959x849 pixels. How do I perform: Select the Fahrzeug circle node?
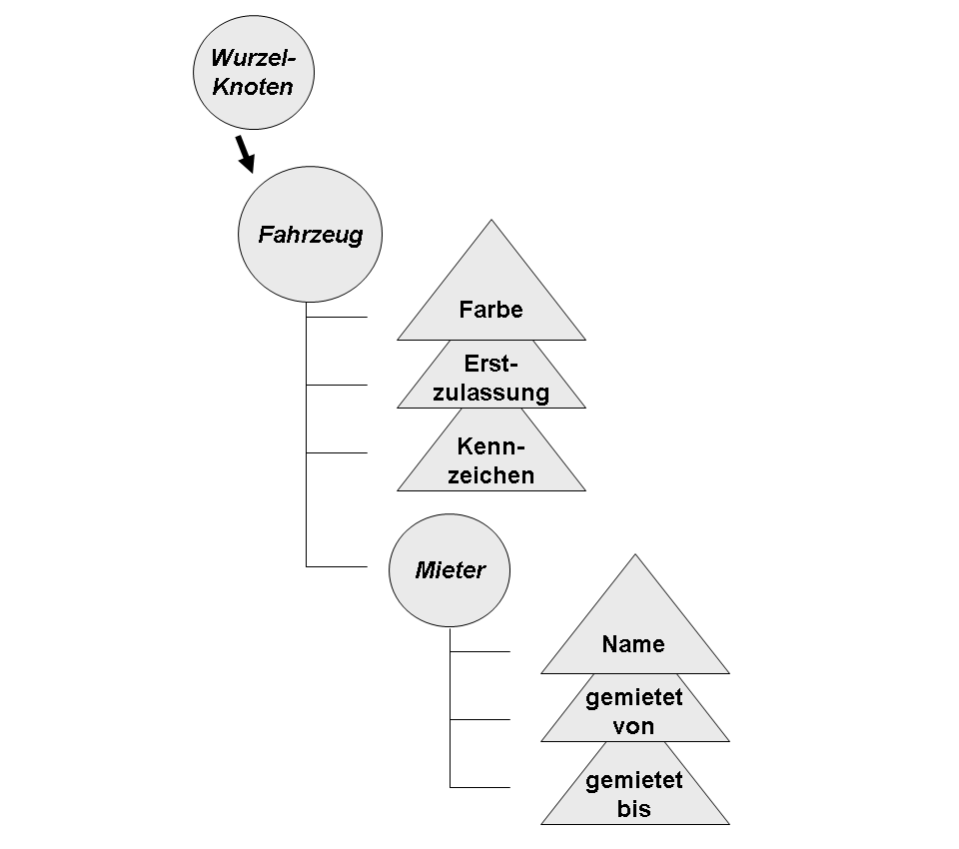(311, 236)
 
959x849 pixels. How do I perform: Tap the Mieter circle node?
(450, 570)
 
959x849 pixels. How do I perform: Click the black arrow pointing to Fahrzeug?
(245, 153)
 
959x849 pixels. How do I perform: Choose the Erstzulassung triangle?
(490, 378)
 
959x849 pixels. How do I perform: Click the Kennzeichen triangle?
(490, 459)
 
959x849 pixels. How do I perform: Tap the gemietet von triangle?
(634, 711)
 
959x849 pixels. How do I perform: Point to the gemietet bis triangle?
(634, 794)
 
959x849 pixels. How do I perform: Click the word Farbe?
(490, 310)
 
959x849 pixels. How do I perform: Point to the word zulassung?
(490, 393)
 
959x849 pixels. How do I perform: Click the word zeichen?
(490, 475)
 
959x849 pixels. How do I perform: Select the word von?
(634, 726)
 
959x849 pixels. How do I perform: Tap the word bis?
(634, 808)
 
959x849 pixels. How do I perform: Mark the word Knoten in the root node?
(253, 87)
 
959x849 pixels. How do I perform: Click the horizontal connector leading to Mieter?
(337, 566)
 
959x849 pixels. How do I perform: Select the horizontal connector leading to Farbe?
(337, 318)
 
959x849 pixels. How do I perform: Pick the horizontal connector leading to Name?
(480, 651)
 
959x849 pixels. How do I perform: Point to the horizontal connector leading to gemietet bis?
(480, 787)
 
